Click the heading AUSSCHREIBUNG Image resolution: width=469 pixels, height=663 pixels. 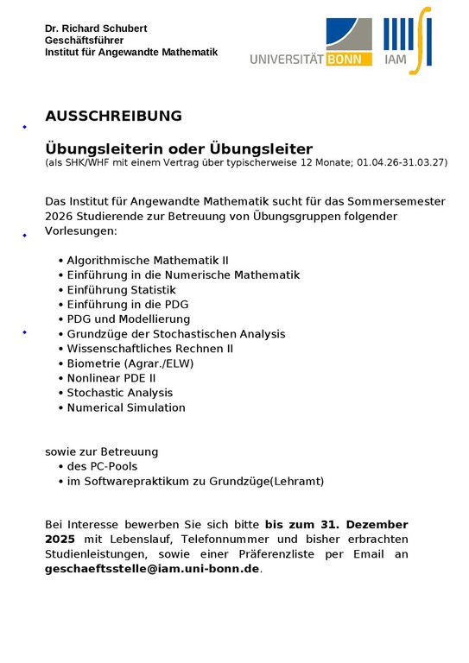pyautogui.click(x=113, y=116)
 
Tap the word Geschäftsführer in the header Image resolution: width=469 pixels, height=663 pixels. pyautogui.click(x=85, y=41)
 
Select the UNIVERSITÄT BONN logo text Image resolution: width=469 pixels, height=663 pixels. pyautogui.click(x=311, y=60)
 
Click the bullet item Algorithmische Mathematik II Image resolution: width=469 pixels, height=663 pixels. pyautogui.click(x=148, y=260)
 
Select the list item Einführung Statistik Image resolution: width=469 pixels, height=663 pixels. pyautogui.click(x=121, y=289)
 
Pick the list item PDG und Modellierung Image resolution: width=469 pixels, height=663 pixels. pyautogui.click(x=128, y=319)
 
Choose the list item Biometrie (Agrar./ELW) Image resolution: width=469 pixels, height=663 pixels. pyautogui.click(x=130, y=363)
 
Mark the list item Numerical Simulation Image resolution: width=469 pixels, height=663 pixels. pyautogui.click(x=126, y=407)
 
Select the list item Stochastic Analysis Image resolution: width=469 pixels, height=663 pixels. pyautogui.click(x=120, y=392)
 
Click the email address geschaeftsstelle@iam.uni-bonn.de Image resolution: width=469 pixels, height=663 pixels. pyautogui.click(x=152, y=569)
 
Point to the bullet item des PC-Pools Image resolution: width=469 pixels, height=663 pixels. pyautogui.click(x=102, y=466)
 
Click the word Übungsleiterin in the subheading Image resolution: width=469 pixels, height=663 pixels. pyautogui.click(x=94, y=148)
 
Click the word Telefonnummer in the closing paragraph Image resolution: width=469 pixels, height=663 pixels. pyautogui.click(x=229, y=540)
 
